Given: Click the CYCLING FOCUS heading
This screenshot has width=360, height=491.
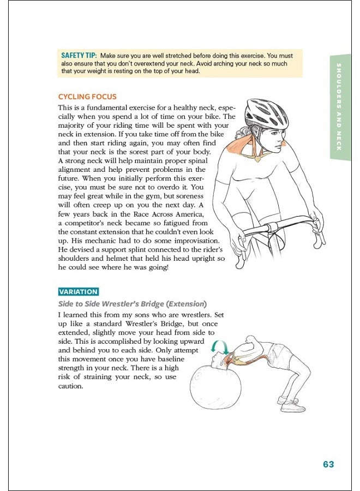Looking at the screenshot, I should (x=87, y=97).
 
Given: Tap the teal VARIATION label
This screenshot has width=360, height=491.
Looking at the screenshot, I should (x=79, y=292).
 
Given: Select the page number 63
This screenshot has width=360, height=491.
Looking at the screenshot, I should (x=328, y=465).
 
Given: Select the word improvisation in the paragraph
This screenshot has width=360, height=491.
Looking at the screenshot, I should (x=193, y=241).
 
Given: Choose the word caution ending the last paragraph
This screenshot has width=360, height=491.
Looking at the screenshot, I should (x=70, y=386).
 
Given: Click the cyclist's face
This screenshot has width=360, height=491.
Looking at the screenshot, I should (x=278, y=136).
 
